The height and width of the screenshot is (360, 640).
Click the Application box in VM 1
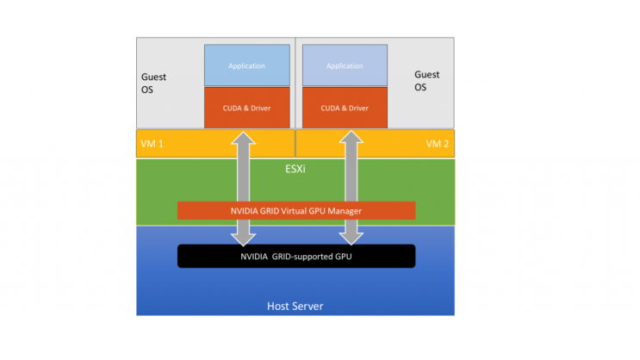pos(246,65)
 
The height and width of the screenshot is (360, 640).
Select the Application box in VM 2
pos(345,65)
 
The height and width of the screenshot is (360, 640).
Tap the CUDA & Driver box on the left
pos(246,108)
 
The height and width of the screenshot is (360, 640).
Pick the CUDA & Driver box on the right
pos(345,108)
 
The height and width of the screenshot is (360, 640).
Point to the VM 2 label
pos(438,144)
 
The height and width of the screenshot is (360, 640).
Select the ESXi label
pos(295,170)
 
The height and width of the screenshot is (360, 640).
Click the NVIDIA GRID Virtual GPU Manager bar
pos(295,210)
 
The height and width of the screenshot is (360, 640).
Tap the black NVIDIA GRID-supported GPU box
pos(295,256)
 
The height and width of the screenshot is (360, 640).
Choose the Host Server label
pos(295,304)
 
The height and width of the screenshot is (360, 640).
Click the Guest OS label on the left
pos(154,83)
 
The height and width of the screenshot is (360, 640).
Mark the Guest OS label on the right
pos(427,81)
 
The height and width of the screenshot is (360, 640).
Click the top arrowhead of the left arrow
pos(245,138)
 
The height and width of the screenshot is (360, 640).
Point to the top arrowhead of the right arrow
pos(351,138)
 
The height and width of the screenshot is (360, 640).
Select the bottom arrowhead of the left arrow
pos(245,238)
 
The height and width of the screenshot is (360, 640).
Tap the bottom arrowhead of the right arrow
pos(351,238)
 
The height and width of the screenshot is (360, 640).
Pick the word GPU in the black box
pos(342,256)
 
